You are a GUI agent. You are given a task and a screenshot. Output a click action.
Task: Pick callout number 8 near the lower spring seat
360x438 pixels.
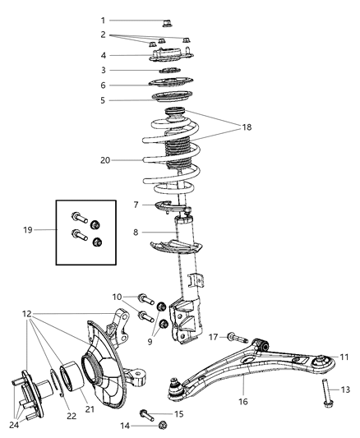135,233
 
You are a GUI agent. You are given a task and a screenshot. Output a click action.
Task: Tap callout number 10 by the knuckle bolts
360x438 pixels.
117,296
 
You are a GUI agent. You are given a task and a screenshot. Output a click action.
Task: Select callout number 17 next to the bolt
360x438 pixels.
214,336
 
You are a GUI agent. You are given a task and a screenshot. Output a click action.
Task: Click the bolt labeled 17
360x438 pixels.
235,337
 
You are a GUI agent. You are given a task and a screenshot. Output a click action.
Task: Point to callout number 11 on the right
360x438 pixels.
344,357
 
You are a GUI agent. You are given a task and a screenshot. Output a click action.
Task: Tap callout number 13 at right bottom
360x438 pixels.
345,389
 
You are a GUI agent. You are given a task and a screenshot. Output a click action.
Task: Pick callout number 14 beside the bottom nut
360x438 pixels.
126,425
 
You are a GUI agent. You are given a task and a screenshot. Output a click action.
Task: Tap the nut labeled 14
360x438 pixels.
162,425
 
